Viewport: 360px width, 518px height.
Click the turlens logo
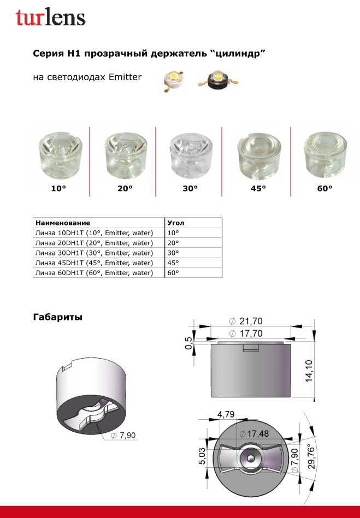[x=51, y=17]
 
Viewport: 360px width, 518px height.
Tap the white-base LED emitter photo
[x=174, y=81]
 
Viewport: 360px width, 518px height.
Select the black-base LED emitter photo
[x=217, y=80]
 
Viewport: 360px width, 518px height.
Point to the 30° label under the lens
[x=190, y=188]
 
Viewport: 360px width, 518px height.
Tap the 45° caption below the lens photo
[x=258, y=188]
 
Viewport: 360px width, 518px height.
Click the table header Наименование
[x=63, y=223]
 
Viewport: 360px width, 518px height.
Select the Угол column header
[x=176, y=223]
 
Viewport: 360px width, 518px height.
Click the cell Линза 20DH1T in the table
[x=94, y=243]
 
